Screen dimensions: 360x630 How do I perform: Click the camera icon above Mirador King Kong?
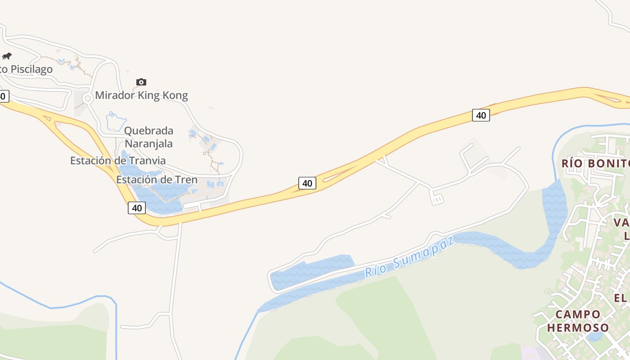coord(141,82)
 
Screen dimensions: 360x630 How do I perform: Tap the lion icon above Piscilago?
coord(7,56)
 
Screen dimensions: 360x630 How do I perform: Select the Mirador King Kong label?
coord(141,95)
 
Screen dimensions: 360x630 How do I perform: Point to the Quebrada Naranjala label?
coord(148,137)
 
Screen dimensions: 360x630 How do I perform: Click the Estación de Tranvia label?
coord(118,161)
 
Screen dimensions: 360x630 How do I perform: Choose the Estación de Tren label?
coord(157,180)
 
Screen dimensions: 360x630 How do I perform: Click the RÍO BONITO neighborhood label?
coord(595,163)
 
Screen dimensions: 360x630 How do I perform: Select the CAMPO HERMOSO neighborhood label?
coord(578,321)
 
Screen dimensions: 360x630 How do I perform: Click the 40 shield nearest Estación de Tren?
coord(137,208)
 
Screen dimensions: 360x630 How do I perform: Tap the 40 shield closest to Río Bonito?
coord(481,115)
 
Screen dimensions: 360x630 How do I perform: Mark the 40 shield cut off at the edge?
coord(3,96)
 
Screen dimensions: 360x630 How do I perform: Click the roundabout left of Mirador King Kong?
coord(88,99)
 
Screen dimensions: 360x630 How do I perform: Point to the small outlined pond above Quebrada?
coord(116,121)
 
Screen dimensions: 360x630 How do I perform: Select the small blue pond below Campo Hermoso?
coord(594,337)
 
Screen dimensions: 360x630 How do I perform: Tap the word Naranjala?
coord(148,144)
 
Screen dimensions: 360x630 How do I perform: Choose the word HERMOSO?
coord(578,328)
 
